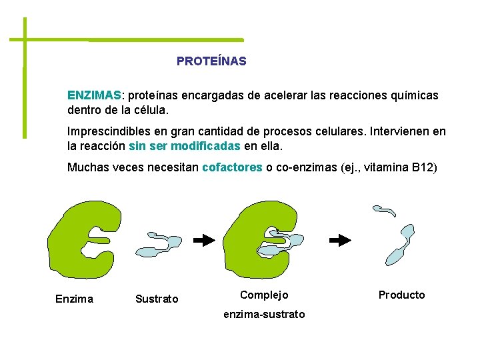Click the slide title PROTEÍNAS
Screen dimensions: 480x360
coord(211,61)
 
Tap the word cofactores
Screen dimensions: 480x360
coord(232,167)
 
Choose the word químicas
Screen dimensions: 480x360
coord(412,95)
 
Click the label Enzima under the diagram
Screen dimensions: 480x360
coord(74,299)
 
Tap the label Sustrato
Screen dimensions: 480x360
coord(157,299)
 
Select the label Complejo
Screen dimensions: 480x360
coord(264,295)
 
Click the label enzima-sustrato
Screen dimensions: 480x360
coord(264,314)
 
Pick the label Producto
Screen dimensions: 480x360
coord(401,295)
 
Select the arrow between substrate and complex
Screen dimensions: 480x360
coord(203,239)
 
